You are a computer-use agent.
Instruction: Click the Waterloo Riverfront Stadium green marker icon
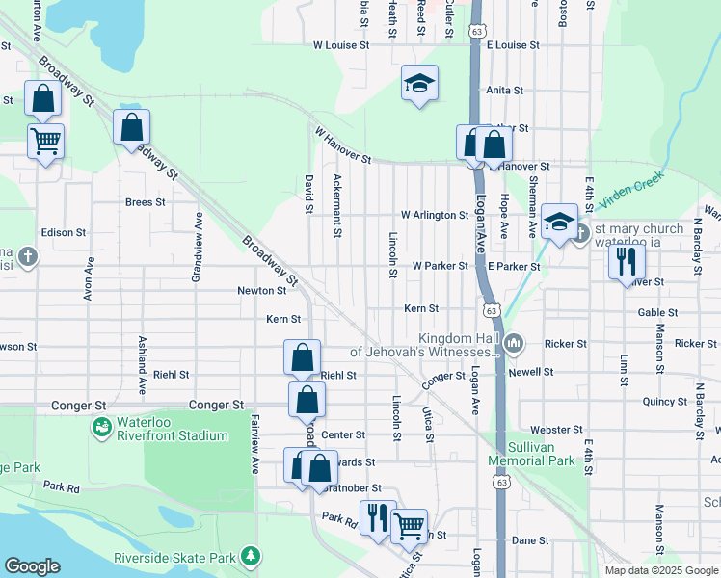tap(100, 425)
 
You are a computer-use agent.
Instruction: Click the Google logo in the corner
tap(33, 566)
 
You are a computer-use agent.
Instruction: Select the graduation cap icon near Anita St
tap(419, 83)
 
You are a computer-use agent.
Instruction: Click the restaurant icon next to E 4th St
tap(627, 261)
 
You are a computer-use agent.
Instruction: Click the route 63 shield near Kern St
tap(492, 310)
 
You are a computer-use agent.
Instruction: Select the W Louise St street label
tap(341, 45)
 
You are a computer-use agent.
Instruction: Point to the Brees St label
tap(146, 203)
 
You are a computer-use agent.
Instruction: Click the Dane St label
tap(530, 541)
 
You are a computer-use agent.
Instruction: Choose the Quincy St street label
tap(664, 402)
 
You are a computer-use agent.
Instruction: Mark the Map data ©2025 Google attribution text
tap(660, 570)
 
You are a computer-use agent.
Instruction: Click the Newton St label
tap(262, 290)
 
